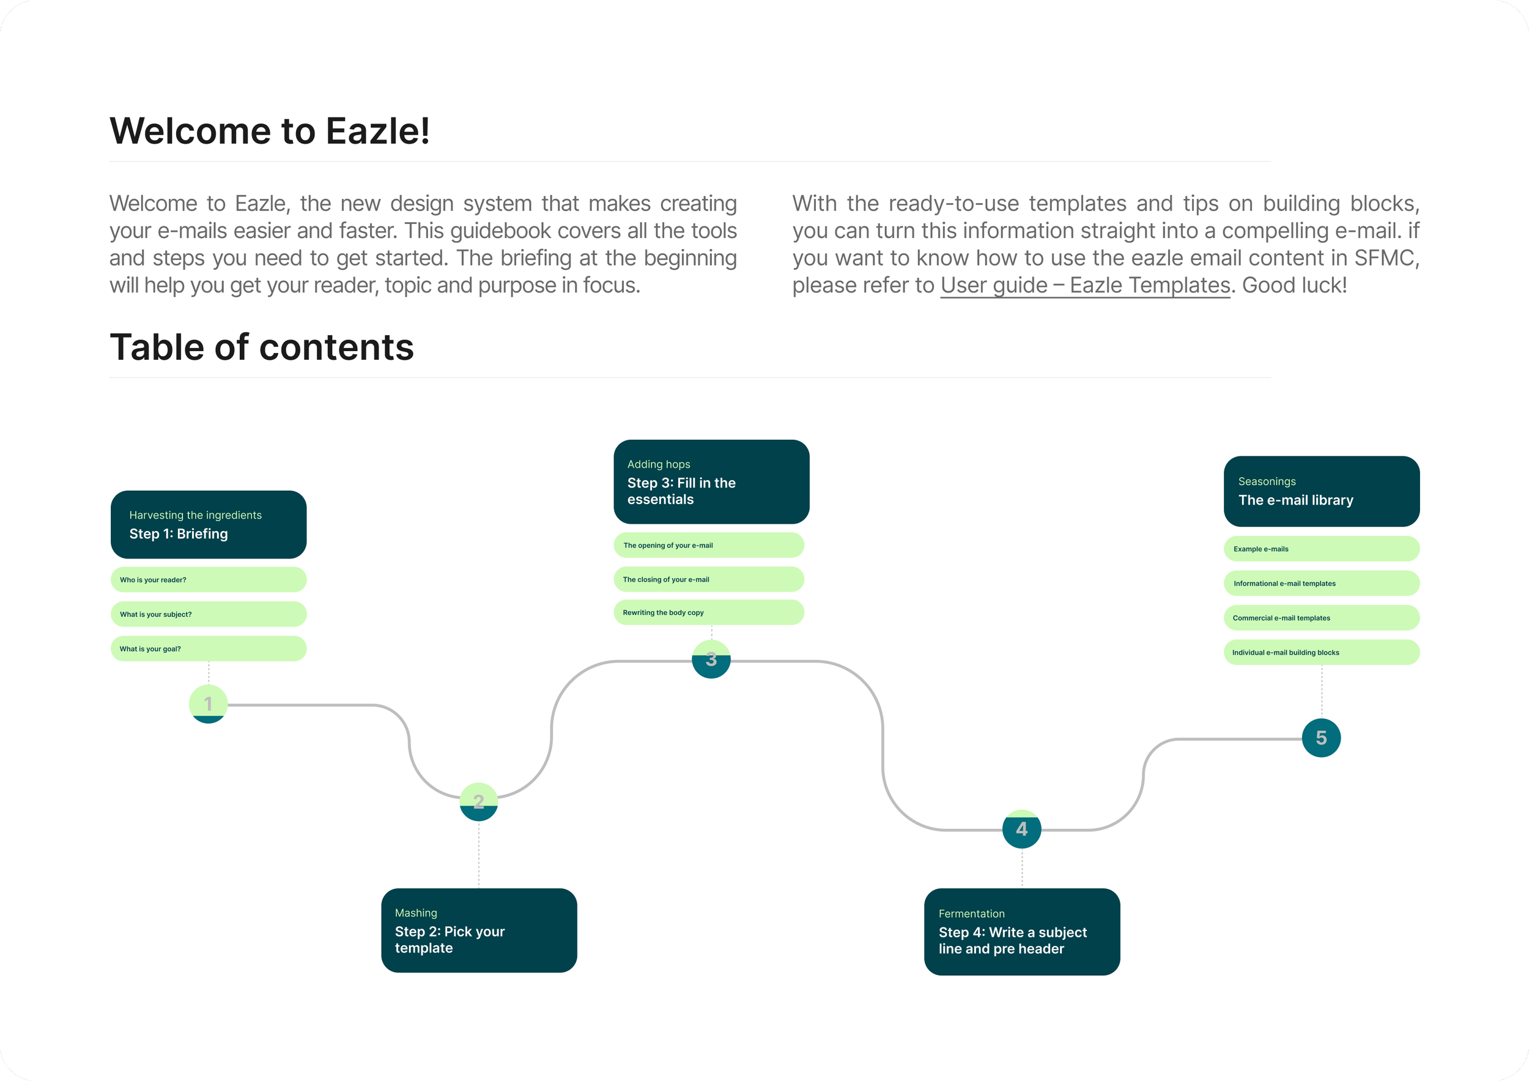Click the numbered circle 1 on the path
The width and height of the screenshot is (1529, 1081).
click(x=209, y=704)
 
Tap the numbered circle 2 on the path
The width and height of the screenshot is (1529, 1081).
click(x=478, y=801)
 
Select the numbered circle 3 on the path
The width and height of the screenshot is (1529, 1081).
click(x=711, y=659)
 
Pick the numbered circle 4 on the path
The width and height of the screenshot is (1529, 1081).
click(x=1021, y=829)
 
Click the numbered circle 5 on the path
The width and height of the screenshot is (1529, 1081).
click(x=1321, y=738)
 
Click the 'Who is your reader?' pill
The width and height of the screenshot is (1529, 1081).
click(x=209, y=579)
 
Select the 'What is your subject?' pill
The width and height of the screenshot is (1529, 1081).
click(x=209, y=614)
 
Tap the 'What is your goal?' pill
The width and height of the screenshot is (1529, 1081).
click(x=209, y=648)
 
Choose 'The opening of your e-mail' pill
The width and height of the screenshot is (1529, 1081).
click(x=709, y=545)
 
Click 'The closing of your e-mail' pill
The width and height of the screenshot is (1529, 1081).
click(x=709, y=579)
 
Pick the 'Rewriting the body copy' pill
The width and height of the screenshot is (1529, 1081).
click(x=709, y=612)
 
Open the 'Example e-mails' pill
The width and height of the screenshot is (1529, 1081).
click(x=1321, y=549)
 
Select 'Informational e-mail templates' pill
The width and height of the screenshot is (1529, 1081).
click(x=1321, y=584)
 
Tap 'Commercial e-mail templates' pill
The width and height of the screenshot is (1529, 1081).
click(x=1321, y=618)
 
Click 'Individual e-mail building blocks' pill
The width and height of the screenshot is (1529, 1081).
click(x=1321, y=653)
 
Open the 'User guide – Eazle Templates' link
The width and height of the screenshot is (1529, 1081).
click(x=1085, y=286)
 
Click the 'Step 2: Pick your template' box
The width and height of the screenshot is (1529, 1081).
click(x=479, y=931)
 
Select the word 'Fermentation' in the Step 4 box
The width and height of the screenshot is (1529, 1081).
click(x=971, y=914)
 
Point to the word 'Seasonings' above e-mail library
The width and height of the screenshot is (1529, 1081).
click(x=1267, y=481)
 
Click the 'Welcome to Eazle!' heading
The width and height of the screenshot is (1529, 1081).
click(x=269, y=131)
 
